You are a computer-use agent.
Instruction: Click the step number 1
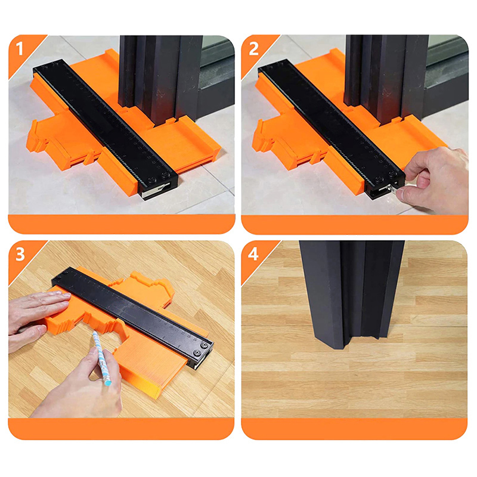(20, 48)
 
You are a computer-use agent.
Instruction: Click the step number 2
(253, 49)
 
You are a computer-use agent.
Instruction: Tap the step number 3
(20, 255)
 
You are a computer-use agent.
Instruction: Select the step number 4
(253, 255)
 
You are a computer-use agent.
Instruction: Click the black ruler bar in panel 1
(106, 129)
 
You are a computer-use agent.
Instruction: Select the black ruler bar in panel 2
(332, 129)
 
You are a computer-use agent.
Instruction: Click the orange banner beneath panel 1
(122, 224)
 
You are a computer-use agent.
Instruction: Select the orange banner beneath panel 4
(354, 429)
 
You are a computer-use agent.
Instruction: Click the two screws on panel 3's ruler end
(200, 349)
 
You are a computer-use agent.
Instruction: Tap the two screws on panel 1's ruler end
(159, 178)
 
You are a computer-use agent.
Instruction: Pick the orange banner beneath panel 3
(122, 429)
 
